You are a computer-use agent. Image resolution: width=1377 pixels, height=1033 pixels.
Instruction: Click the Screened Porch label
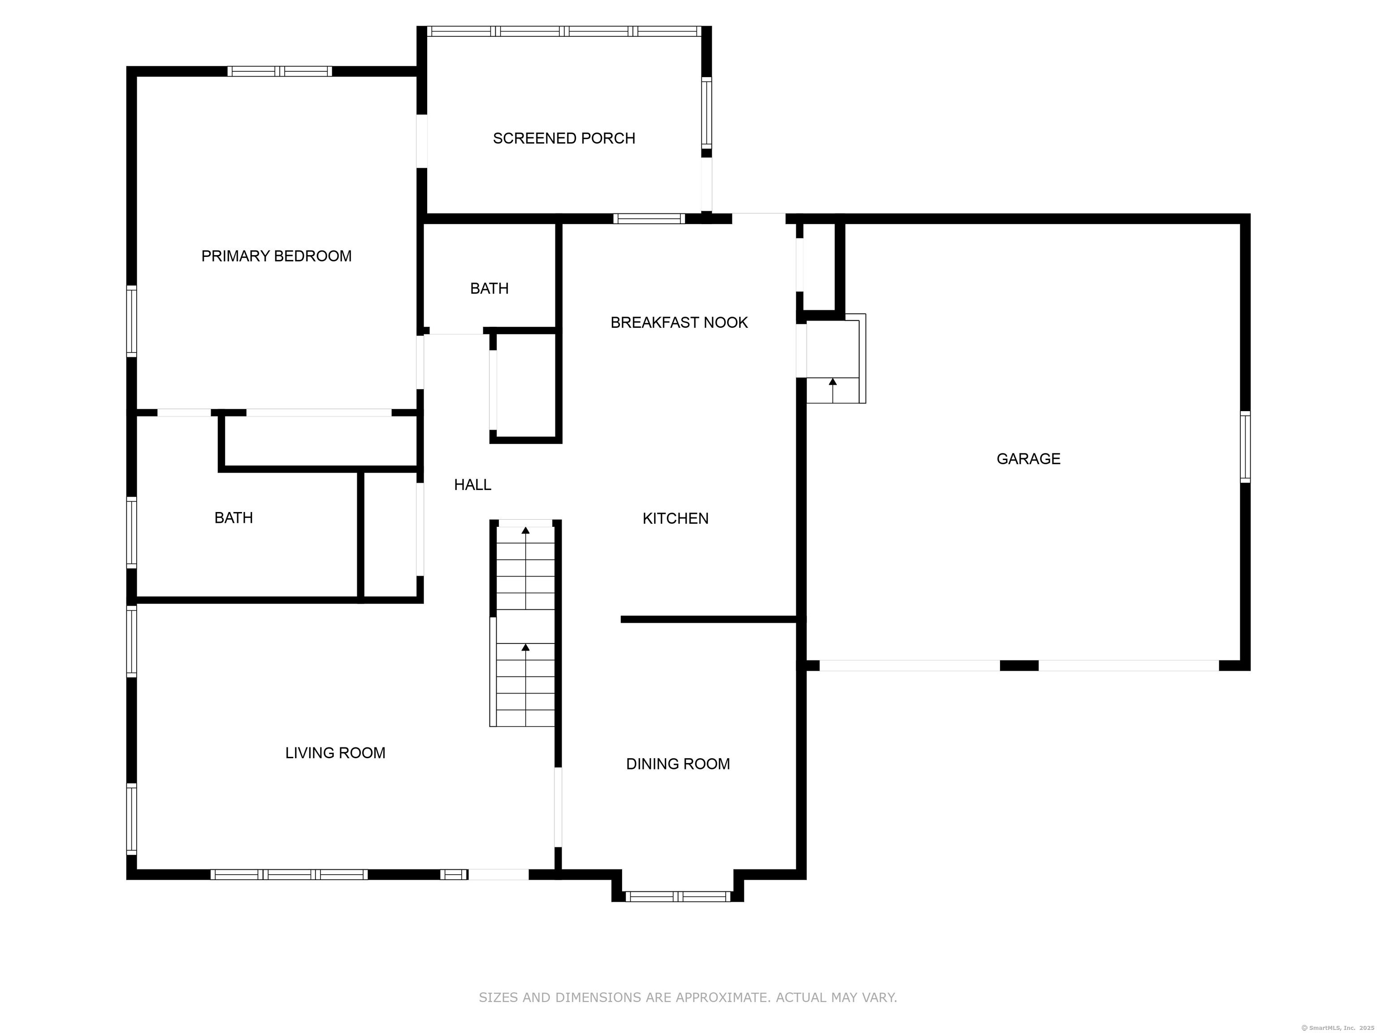tap(564, 138)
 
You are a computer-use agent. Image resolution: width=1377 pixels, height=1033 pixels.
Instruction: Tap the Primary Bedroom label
tap(277, 256)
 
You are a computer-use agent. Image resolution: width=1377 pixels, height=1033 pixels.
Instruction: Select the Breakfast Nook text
tap(679, 322)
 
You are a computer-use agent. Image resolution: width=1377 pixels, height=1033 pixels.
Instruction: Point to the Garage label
tap(1028, 459)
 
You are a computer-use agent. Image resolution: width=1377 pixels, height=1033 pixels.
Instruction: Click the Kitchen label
tap(676, 519)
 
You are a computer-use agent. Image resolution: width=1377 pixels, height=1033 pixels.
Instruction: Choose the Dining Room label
tap(678, 764)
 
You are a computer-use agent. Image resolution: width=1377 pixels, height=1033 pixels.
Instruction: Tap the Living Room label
tap(336, 753)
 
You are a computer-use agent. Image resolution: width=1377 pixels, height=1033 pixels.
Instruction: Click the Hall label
tap(472, 484)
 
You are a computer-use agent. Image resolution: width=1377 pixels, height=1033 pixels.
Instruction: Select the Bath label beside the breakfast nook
tap(489, 288)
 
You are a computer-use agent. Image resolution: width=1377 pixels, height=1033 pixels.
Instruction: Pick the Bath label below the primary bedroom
tap(234, 518)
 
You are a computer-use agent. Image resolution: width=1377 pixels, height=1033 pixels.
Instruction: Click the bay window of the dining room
tap(677, 897)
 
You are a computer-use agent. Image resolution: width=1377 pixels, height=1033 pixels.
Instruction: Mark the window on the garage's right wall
tap(1245, 447)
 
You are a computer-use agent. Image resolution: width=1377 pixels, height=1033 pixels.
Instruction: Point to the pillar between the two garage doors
tap(1019, 666)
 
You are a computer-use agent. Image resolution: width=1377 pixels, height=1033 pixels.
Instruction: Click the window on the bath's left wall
tap(131, 532)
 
